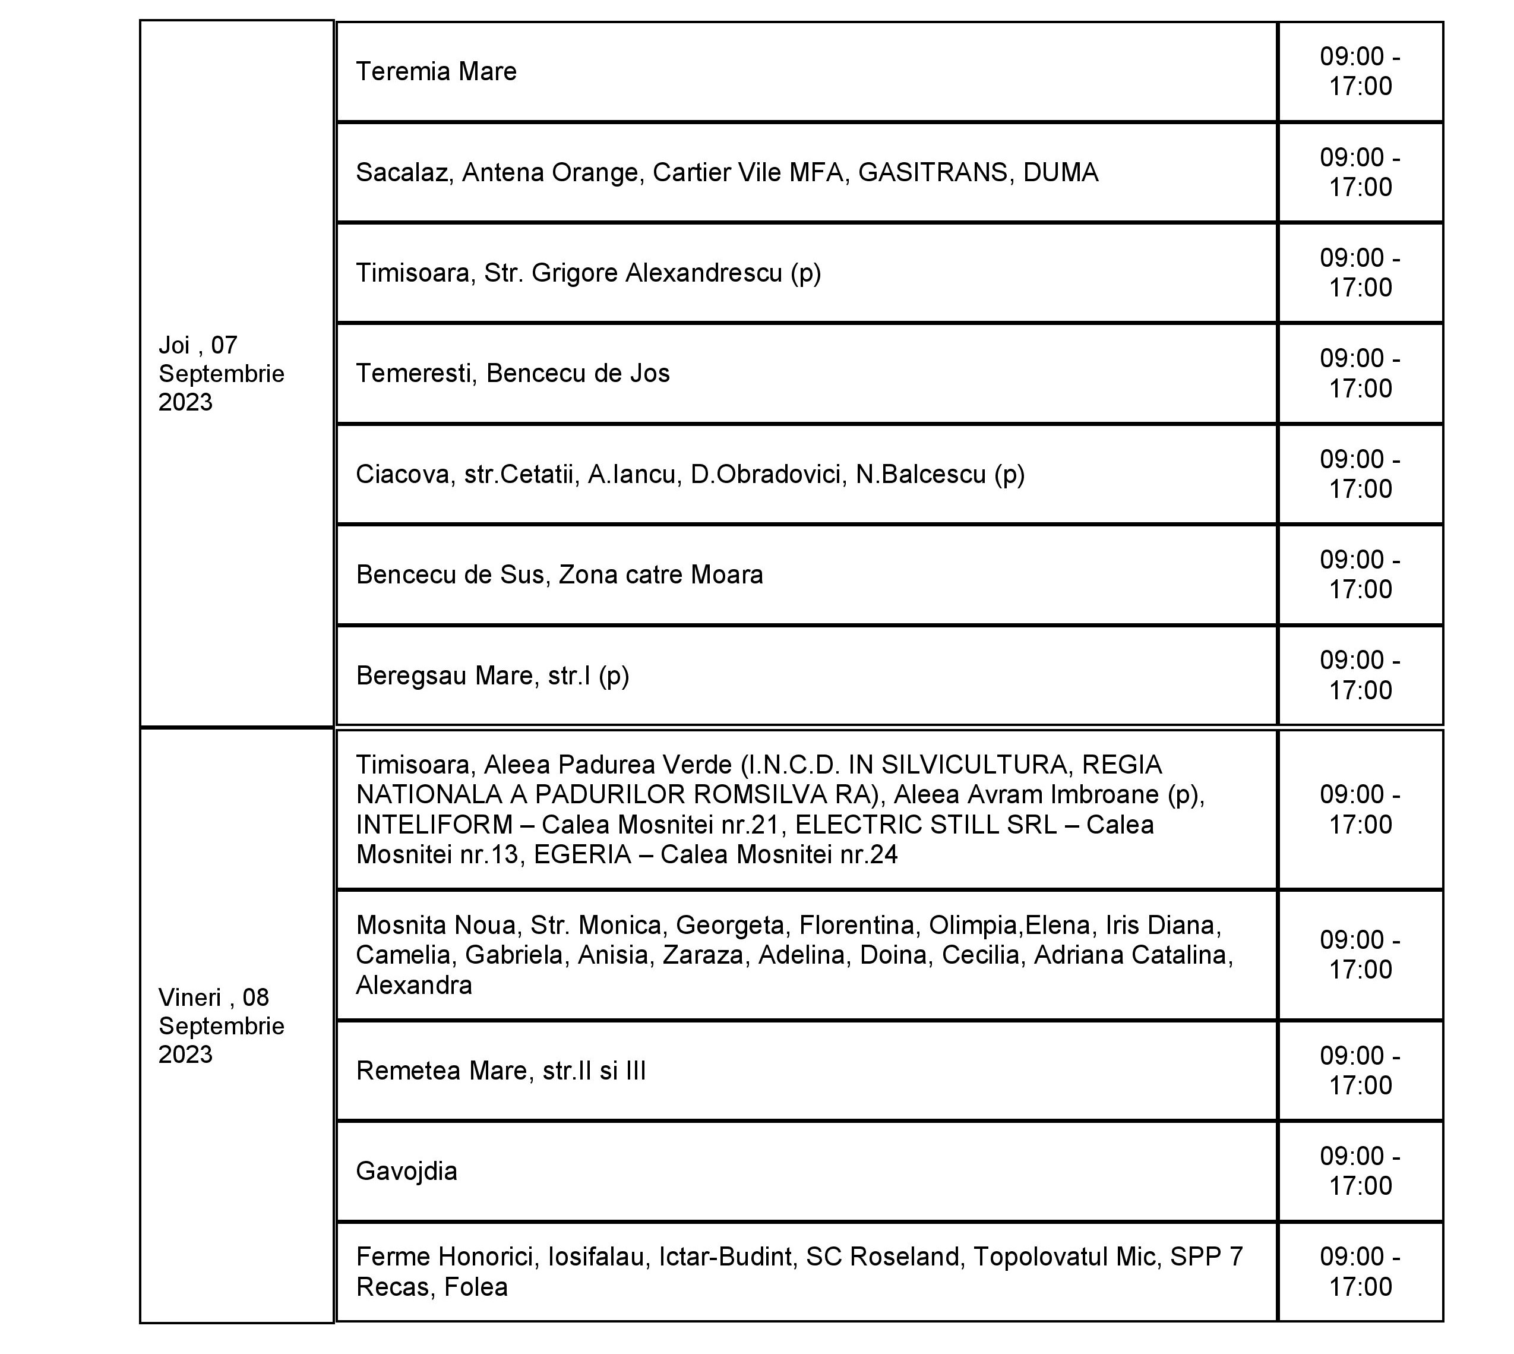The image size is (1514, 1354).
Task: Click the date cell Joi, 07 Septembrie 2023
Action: (221, 374)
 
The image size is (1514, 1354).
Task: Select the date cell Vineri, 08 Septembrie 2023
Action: (221, 1026)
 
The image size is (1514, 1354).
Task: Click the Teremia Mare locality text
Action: (436, 71)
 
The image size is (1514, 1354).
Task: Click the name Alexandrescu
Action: (703, 273)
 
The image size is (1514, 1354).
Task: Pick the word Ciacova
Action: (403, 475)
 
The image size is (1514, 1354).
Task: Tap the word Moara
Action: (726, 575)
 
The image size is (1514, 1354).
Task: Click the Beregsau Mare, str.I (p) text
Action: (492, 676)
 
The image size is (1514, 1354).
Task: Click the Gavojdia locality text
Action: (406, 1171)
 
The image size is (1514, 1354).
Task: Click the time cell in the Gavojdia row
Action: (1360, 1171)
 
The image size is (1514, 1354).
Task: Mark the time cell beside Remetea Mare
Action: (1360, 1071)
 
